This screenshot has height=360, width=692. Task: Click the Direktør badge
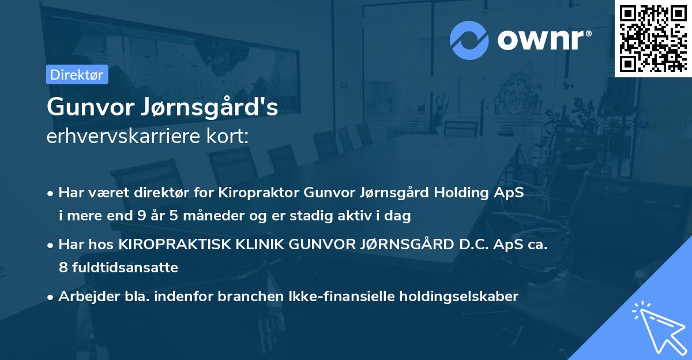(x=77, y=74)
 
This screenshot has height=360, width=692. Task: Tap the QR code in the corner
(x=653, y=38)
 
